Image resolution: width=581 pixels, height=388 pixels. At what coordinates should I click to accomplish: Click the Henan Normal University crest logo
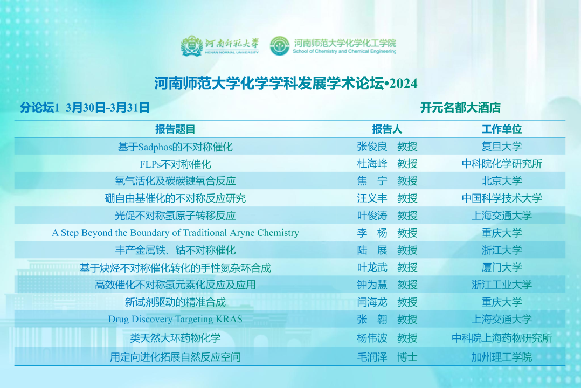coord(191,46)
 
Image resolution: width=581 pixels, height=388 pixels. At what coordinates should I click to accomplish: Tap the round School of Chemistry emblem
coord(279,46)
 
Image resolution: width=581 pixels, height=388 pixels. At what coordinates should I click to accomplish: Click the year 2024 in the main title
coord(403,84)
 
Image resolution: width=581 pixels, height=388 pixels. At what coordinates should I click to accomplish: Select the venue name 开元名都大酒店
coord(460,108)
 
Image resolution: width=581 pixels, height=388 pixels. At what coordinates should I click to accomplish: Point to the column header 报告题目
coord(175,129)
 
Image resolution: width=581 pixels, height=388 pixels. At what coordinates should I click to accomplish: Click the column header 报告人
coord(387,129)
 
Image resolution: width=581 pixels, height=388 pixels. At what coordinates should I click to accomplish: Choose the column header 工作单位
coord(501,129)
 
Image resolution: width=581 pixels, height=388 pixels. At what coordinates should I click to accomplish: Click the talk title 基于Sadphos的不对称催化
coord(175,147)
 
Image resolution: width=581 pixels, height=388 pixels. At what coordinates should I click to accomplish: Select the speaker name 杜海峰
coord(372,164)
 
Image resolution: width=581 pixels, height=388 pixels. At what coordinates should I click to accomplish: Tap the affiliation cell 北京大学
coord(501,181)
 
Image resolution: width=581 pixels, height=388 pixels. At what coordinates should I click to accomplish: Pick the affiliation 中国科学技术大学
coord(502,198)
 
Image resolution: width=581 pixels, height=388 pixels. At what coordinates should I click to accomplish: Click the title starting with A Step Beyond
coord(175,233)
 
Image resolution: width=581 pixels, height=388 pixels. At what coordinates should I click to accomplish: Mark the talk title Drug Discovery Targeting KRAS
coord(175,319)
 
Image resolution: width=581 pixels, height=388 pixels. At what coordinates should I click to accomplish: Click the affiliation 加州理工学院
coord(501,357)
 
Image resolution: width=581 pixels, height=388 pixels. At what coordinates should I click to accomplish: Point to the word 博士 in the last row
coord(407,357)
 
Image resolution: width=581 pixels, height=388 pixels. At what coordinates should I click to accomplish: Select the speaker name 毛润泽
coord(372,357)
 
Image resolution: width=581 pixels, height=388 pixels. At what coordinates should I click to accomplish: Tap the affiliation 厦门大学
coord(501,267)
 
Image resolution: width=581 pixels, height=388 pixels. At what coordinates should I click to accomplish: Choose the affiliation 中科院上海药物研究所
coord(502,338)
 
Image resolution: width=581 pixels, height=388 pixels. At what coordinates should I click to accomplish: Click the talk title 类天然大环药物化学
coord(175,338)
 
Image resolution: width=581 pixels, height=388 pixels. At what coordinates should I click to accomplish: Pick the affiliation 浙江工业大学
coord(501,285)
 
